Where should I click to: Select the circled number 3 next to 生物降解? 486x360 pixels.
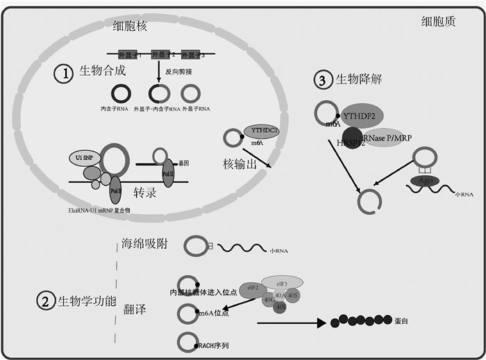coord(322,81)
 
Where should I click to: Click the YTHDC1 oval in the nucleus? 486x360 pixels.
coord(260,129)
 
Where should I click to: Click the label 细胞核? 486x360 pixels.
coord(133,27)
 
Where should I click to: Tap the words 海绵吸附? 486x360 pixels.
coord(144,244)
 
